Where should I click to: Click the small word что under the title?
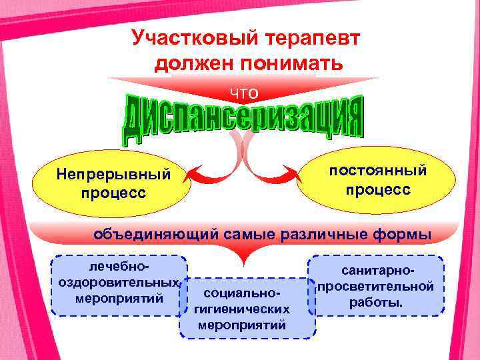point(244,92)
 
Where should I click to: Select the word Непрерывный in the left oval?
point(114,175)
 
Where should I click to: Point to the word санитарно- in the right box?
point(377,272)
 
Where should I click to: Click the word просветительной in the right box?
point(376,287)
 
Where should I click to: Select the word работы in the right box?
point(375,302)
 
